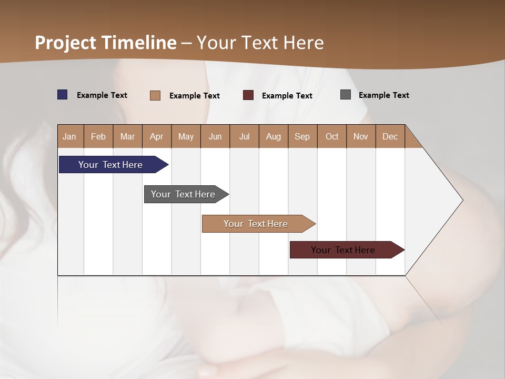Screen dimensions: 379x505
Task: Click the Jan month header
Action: click(69, 136)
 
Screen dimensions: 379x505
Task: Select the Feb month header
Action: click(98, 136)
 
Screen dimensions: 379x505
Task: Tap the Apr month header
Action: click(156, 136)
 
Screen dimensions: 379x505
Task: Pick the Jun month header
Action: click(215, 136)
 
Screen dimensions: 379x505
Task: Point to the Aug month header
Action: click(273, 136)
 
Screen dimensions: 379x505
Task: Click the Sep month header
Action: click(302, 136)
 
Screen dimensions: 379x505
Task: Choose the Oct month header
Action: click(332, 136)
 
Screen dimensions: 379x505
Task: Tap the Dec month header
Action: click(390, 136)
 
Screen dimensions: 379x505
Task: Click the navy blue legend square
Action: click(63, 95)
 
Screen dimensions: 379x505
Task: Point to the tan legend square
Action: click(155, 95)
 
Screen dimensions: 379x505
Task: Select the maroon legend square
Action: click(248, 95)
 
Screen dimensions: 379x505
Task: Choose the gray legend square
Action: click(346, 95)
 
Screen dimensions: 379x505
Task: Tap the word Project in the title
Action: click(66, 43)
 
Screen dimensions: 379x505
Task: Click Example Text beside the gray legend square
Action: click(383, 95)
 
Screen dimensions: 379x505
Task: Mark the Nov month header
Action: click(360, 136)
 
